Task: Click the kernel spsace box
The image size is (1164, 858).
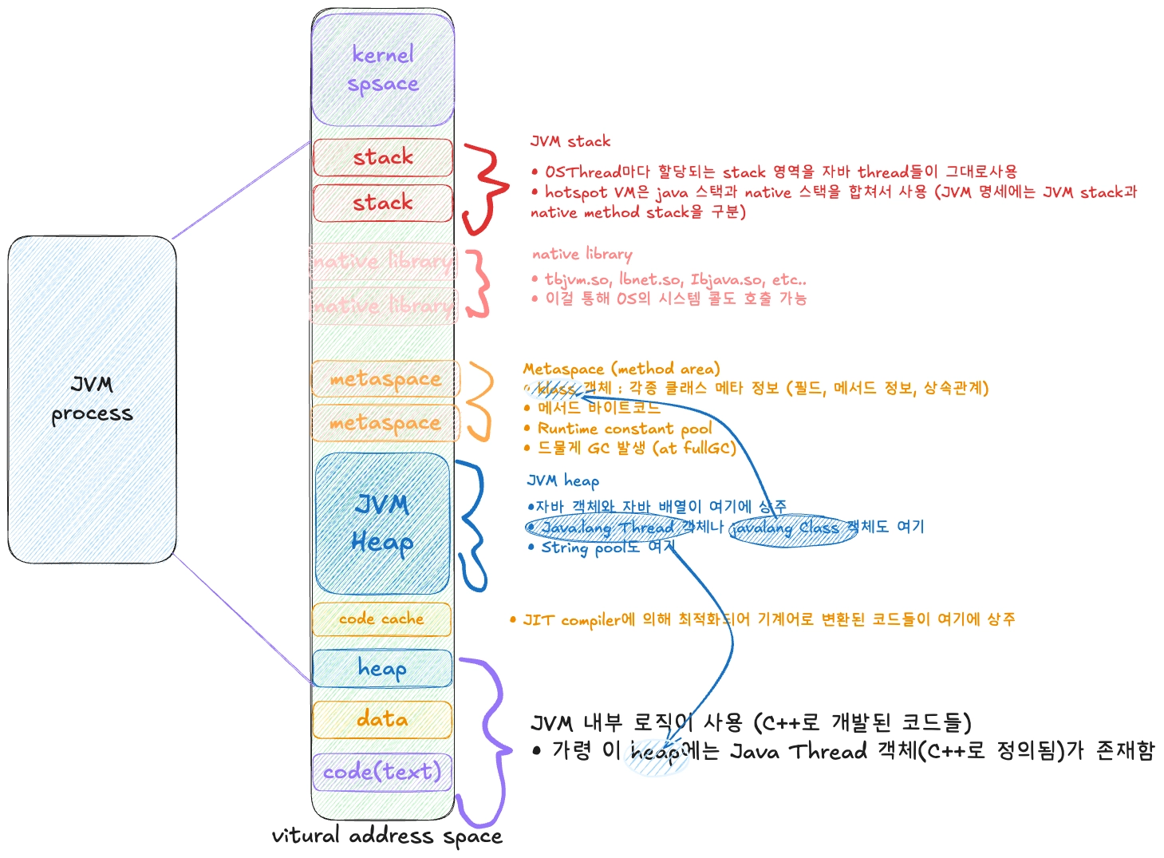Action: (x=383, y=69)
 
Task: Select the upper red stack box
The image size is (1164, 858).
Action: (x=383, y=157)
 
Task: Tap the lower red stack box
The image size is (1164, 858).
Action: (x=383, y=203)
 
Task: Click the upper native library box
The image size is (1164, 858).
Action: (x=383, y=261)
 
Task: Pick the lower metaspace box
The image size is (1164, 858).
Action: (x=385, y=423)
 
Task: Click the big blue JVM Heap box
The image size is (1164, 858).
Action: (x=382, y=523)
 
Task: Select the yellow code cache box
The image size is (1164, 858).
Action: (x=381, y=619)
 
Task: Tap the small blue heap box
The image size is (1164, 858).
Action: (x=382, y=668)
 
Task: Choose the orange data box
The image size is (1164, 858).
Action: (x=382, y=719)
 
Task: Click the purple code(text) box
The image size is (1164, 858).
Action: (x=382, y=772)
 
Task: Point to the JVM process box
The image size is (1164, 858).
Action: (x=92, y=399)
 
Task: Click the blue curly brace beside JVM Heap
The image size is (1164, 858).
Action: (x=473, y=525)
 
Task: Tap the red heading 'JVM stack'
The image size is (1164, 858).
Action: (x=570, y=141)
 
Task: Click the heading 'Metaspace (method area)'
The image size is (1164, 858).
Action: (x=621, y=369)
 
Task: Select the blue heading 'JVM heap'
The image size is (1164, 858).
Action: (x=563, y=480)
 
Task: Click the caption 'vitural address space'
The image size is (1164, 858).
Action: (x=387, y=836)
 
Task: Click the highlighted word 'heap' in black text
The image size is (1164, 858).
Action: (x=655, y=752)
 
